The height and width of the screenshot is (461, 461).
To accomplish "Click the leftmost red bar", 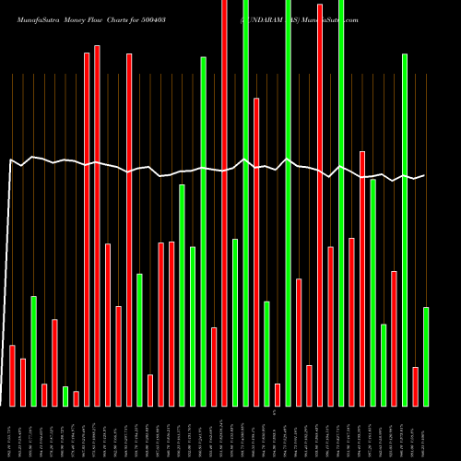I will (13, 375).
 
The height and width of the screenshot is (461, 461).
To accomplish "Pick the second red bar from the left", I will (23, 382).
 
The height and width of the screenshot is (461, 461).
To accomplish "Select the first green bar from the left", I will (34, 350).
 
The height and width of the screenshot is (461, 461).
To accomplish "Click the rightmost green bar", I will (426, 356).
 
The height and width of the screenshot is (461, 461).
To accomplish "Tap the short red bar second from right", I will (415, 385).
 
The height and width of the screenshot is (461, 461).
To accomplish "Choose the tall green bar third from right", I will (405, 230).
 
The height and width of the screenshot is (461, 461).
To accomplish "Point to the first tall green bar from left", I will (203, 230).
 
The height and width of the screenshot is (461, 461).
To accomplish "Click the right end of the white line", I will (424, 175).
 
